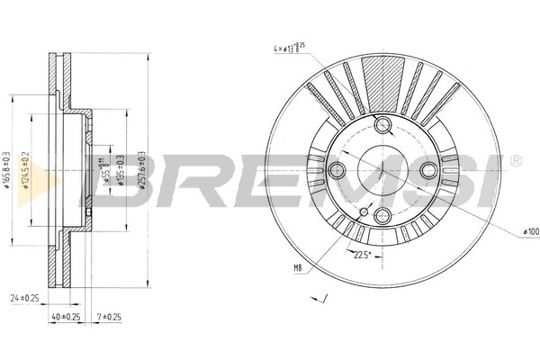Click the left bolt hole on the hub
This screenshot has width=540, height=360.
(338, 170)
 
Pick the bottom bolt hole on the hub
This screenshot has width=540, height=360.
(382, 213)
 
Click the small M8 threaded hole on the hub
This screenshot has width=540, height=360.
(364, 211)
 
